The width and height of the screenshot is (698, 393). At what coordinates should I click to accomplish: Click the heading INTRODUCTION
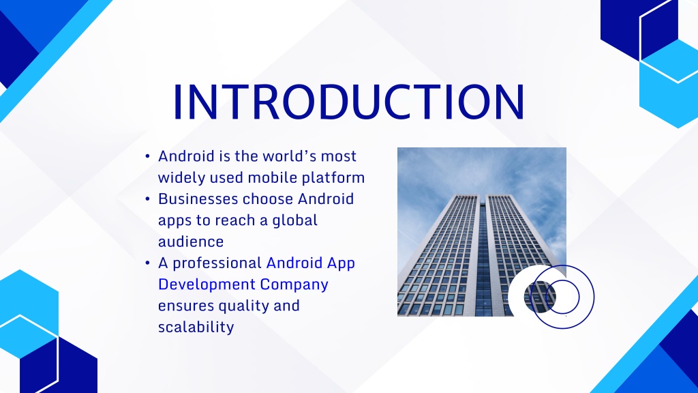[x=349, y=102]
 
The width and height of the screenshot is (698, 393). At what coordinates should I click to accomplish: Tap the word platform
[x=333, y=178]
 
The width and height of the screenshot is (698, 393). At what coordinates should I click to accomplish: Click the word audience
[x=191, y=242]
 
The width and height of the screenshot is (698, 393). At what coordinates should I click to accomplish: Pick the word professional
[x=217, y=263]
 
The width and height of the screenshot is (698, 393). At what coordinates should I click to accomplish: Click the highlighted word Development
[x=207, y=285]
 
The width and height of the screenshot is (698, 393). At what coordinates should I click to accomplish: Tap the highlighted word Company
[x=294, y=285]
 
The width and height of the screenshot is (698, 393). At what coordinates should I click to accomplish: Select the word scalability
[x=196, y=327]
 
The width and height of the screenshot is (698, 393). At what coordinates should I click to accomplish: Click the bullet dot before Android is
[x=147, y=156]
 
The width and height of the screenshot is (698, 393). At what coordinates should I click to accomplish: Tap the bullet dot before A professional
[x=147, y=263]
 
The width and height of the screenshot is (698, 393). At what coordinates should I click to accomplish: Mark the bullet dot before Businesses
[x=147, y=199]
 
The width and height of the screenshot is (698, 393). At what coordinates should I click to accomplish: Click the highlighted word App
[x=341, y=263]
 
